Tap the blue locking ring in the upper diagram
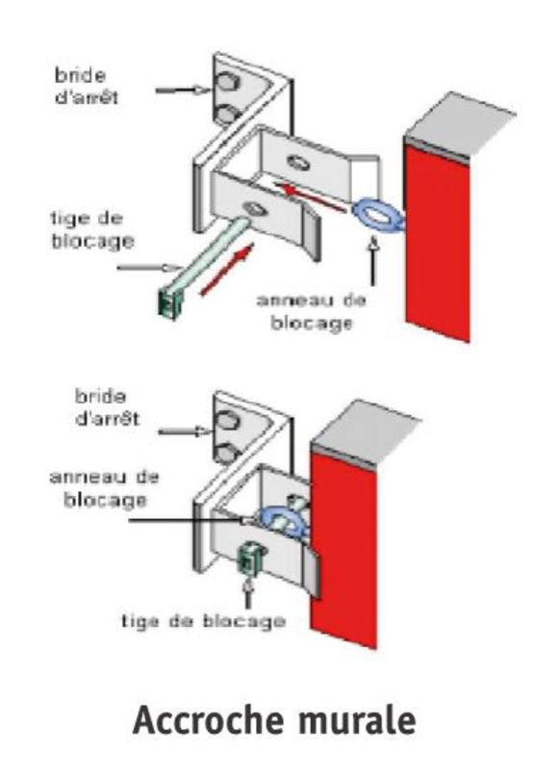pos(378,216)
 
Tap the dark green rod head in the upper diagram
pos(169,303)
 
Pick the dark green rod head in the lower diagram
pos(250,559)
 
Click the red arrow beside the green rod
pos(227,270)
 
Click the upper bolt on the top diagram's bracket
pos(228,82)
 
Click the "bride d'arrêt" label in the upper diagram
pos(87,87)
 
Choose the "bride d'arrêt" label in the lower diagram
pos(107,407)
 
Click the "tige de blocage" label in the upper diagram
pos(92,230)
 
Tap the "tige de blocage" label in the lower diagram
pos(204,621)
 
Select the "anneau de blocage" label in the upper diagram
pos(312,312)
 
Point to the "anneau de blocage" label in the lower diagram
pos(105,489)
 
